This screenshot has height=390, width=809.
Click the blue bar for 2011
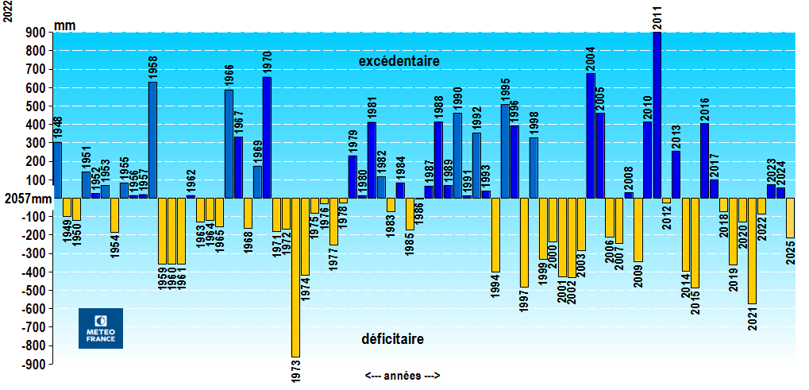[x=657, y=114]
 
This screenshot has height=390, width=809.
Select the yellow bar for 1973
[x=295, y=277]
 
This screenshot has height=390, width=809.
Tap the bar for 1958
[x=152, y=140]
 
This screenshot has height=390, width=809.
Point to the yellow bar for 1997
[x=524, y=242]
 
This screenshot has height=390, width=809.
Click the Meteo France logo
[x=101, y=328]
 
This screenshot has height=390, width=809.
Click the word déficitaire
[x=392, y=339]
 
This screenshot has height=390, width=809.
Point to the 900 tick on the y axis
[x=37, y=33]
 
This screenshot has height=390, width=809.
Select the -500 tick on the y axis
[x=35, y=291]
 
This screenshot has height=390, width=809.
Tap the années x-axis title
[x=403, y=376]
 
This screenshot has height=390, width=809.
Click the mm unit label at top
[x=65, y=25]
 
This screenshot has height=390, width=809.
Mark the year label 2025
[x=791, y=252]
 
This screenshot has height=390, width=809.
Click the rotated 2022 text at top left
[x=8, y=11]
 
